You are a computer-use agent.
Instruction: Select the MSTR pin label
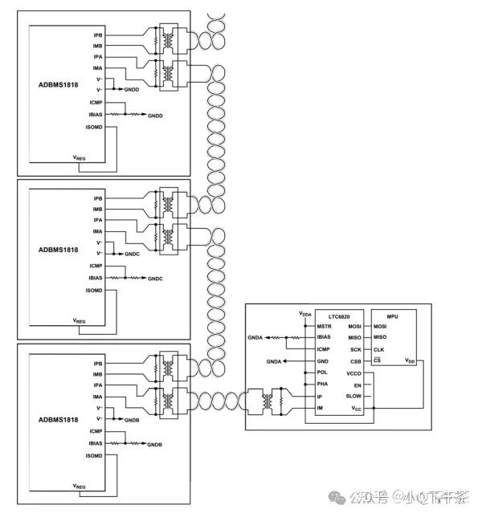(324, 327)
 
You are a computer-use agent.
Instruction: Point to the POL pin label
(322, 372)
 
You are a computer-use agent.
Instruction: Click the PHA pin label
(322, 385)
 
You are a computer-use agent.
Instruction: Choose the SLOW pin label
(354, 397)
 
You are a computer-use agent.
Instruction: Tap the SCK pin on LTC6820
(356, 349)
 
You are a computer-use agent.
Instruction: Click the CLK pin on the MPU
(379, 349)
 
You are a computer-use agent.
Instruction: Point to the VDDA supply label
(305, 313)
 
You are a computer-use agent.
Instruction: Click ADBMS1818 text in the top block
(58, 87)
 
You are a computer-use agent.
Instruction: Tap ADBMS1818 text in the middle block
(58, 250)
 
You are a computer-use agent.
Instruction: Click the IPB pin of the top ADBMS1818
(98, 35)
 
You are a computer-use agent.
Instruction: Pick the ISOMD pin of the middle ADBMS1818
(95, 290)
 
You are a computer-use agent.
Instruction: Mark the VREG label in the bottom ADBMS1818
(79, 487)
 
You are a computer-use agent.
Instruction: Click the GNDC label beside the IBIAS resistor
(155, 279)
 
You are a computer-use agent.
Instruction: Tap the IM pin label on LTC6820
(321, 409)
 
